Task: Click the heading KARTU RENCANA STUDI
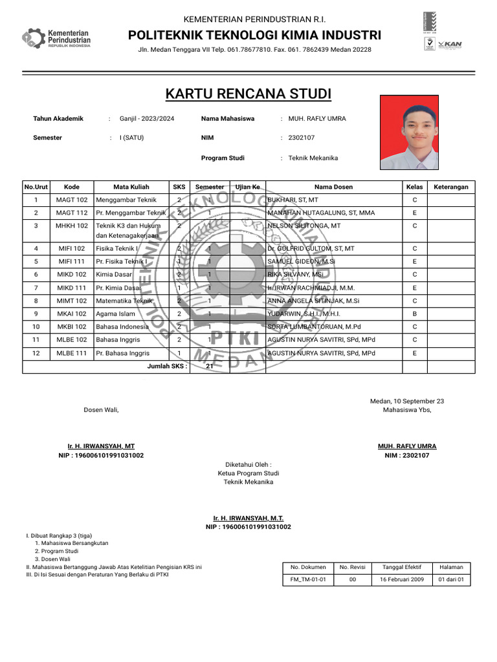[x=248, y=94]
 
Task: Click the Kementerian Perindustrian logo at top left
[x=56, y=39]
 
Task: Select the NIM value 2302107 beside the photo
[x=302, y=138]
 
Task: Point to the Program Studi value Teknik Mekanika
[x=313, y=158]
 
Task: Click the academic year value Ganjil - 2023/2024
[x=147, y=119]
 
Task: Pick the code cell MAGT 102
[x=72, y=200]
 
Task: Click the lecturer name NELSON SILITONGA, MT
[x=304, y=226]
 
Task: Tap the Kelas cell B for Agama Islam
[x=414, y=314]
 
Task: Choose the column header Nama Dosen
[x=334, y=187]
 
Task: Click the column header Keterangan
[x=451, y=187]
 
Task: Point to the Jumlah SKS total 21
[x=209, y=367]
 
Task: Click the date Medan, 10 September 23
[x=407, y=401]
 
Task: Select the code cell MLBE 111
[x=72, y=353]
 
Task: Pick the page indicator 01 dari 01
[x=451, y=580]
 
